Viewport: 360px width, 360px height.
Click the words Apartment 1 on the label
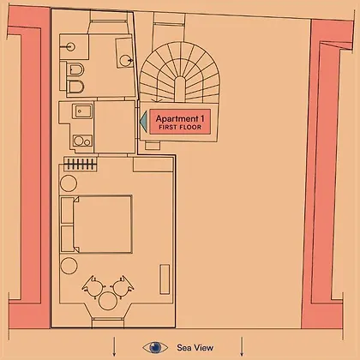[180, 118]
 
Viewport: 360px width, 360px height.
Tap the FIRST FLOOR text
[180, 128]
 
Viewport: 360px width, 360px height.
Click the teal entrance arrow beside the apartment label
[143, 122]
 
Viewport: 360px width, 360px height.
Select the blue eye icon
[155, 347]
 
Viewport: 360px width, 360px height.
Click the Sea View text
[195, 348]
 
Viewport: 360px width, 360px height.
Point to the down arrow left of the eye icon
[114, 346]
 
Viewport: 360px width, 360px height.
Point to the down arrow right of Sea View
[242, 346]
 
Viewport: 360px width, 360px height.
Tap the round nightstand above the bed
[69, 183]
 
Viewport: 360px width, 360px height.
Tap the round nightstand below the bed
[69, 266]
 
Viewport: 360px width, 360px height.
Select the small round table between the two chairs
[108, 301]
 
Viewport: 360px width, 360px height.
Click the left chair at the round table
[93, 287]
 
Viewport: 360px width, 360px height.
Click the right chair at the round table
[123, 287]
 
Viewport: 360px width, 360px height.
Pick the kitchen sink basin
[82, 111]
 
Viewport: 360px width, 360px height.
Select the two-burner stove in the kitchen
[82, 141]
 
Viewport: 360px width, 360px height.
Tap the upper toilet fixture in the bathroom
[75, 69]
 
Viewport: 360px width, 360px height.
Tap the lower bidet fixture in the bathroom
[75, 87]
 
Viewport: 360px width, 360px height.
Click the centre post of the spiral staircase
[179, 89]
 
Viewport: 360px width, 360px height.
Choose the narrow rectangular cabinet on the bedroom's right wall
[165, 279]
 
